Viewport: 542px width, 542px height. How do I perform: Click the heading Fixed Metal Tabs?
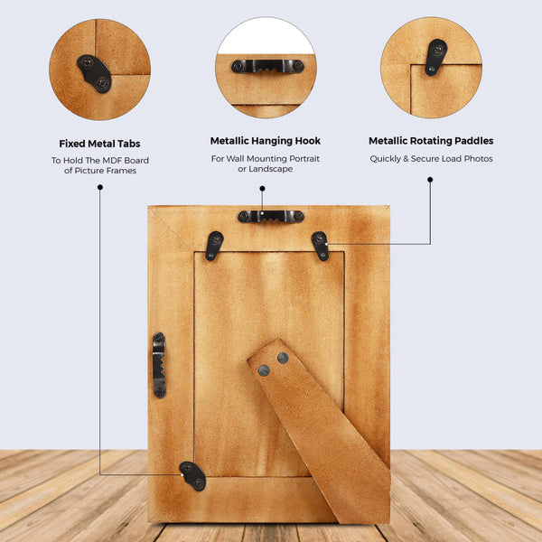[99, 144]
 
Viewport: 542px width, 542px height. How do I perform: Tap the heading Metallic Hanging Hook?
[265, 141]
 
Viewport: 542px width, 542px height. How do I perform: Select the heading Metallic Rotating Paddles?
[431, 141]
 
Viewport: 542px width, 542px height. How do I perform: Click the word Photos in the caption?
[478, 159]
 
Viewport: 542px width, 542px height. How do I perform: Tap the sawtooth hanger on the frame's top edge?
[271, 217]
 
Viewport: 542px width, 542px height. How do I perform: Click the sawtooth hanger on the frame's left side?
[159, 365]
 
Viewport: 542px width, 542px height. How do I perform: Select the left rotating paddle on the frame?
[214, 246]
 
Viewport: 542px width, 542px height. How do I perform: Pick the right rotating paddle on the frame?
[321, 246]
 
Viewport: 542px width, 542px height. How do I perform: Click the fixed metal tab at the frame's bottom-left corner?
[193, 476]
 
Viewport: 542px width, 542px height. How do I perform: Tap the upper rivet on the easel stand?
[283, 358]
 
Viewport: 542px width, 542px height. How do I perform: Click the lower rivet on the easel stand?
[264, 370]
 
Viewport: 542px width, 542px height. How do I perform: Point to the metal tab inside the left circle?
[94, 74]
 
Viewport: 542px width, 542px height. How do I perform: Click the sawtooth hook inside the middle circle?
[267, 66]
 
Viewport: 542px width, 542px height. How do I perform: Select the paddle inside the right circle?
[435, 57]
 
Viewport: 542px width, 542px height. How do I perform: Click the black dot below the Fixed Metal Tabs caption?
[100, 187]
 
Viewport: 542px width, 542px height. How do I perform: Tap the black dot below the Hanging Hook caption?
[262, 189]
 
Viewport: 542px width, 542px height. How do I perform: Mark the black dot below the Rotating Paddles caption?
[430, 180]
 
